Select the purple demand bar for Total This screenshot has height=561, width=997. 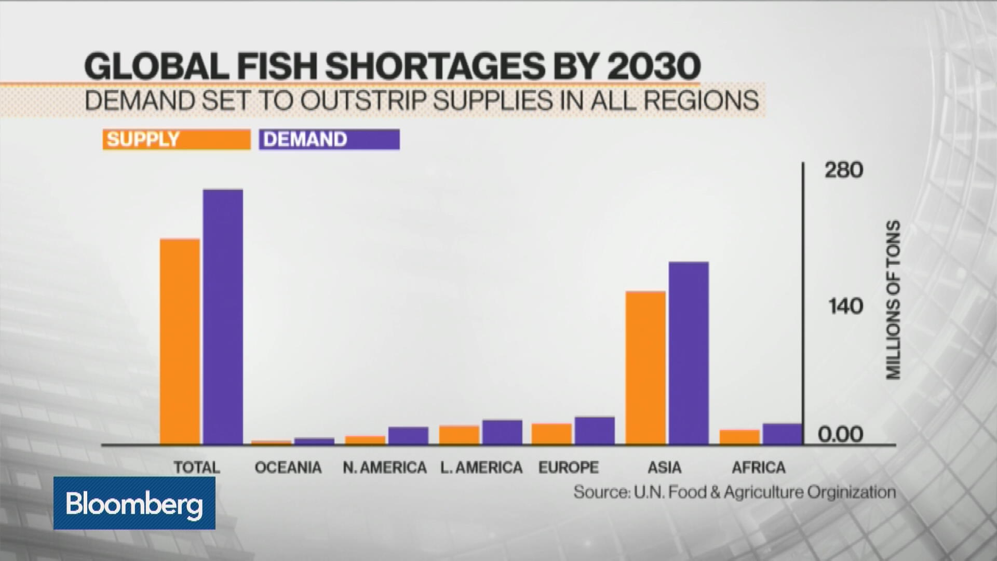(223, 317)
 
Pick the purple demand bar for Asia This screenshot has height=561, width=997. (689, 353)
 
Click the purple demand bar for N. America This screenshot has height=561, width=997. (408, 436)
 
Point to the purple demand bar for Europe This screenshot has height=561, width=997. (595, 431)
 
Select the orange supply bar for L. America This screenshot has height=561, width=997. (459, 435)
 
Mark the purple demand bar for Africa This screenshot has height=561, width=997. (782, 434)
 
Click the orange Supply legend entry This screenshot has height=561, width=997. (177, 139)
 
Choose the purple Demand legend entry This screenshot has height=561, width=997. (330, 139)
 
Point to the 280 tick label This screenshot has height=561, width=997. (843, 170)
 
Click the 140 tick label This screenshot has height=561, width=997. (845, 306)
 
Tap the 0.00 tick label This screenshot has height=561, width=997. (840, 434)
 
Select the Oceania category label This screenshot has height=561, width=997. (288, 468)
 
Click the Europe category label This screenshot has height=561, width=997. (569, 468)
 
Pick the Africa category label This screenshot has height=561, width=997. (759, 468)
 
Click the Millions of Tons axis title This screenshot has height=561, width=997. (893, 300)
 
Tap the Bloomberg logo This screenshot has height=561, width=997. (134, 503)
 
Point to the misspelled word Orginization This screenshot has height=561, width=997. (853, 492)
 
